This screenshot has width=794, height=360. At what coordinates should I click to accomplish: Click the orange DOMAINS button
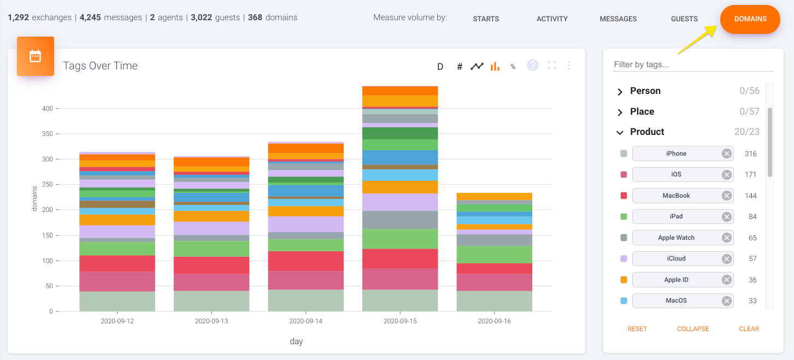pyautogui.click(x=750, y=19)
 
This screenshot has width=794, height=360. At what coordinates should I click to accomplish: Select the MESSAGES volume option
pyautogui.click(x=618, y=19)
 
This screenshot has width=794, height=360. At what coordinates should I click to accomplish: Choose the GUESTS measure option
pyautogui.click(x=684, y=19)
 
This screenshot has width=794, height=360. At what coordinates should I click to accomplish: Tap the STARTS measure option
pyautogui.click(x=486, y=19)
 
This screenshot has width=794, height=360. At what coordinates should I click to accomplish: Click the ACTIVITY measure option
pyautogui.click(x=552, y=19)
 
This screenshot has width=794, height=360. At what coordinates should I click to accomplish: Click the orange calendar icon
pyautogui.click(x=36, y=56)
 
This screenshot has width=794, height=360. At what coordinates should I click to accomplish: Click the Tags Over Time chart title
pyautogui.click(x=100, y=66)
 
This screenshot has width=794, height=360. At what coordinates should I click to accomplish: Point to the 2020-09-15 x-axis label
pyautogui.click(x=400, y=321)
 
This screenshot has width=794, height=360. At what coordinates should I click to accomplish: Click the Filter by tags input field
pyautogui.click(x=693, y=64)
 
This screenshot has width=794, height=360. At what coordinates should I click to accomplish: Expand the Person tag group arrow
pyautogui.click(x=620, y=92)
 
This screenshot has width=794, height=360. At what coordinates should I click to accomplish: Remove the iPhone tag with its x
pyautogui.click(x=726, y=154)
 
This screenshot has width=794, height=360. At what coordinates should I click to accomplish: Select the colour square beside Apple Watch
pyautogui.click(x=624, y=238)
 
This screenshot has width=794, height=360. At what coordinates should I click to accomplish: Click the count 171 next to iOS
pyautogui.click(x=750, y=175)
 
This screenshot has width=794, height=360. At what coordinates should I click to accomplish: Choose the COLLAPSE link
pyautogui.click(x=693, y=329)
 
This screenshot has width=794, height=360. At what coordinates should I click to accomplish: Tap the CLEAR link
pyautogui.click(x=749, y=329)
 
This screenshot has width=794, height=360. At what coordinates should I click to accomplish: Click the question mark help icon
pyautogui.click(x=533, y=66)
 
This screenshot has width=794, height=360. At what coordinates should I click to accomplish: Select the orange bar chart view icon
pyautogui.click(x=495, y=66)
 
